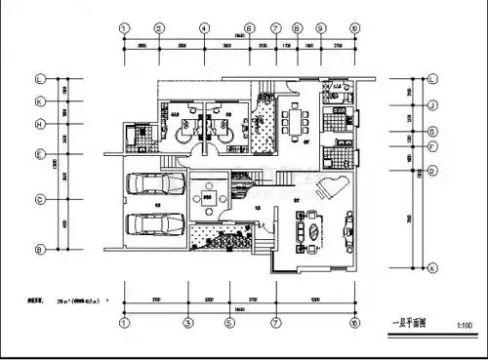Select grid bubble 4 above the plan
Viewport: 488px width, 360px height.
point(203,28)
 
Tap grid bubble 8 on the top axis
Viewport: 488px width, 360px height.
point(297,28)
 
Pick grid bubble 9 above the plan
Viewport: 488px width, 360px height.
point(322,28)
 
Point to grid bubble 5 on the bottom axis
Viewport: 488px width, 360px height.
point(229,322)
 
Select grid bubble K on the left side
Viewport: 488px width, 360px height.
point(40,101)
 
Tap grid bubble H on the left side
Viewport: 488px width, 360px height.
point(40,124)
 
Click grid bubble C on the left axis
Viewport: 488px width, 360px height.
point(40,199)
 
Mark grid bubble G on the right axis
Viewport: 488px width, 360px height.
point(432,130)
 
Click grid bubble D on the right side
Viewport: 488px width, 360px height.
point(432,170)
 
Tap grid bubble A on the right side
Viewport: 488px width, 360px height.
point(432,265)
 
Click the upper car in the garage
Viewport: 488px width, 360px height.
point(156,183)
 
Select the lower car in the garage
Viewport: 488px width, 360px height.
point(156,223)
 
